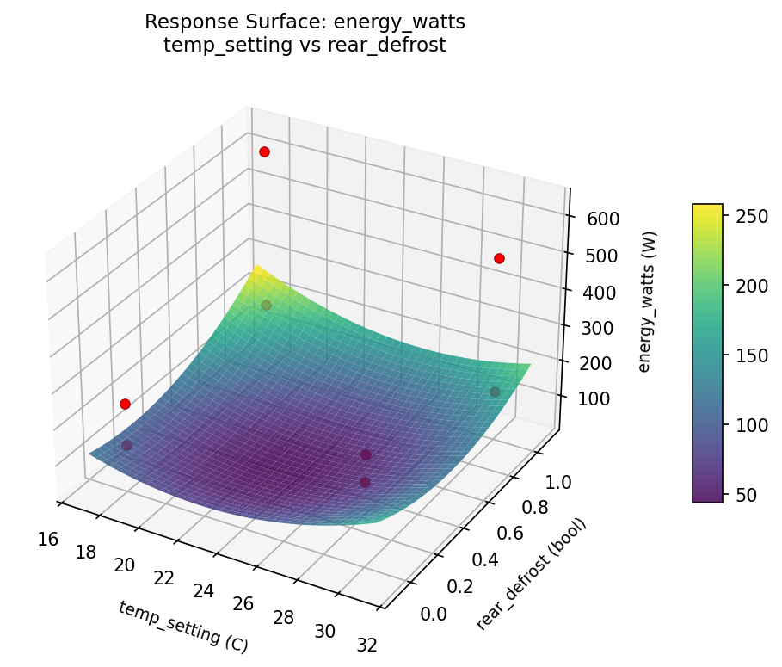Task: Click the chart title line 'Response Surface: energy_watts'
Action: tap(305, 22)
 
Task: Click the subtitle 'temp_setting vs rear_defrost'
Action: tap(305, 46)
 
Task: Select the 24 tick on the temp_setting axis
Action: tap(204, 591)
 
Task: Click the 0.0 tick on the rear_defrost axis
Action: tap(433, 613)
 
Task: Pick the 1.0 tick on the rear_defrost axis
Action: tap(561, 483)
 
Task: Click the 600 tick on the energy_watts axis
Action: tap(604, 219)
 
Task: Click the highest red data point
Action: tap(264, 152)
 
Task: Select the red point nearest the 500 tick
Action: tap(499, 259)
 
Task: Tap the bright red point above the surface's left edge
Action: tap(125, 405)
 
